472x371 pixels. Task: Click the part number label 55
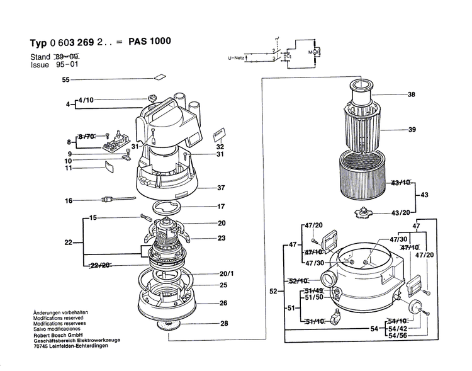click(65, 80)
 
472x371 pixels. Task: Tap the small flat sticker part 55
click(159, 79)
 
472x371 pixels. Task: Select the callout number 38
click(412, 95)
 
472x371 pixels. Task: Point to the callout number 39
click(412, 130)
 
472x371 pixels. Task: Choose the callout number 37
click(221, 188)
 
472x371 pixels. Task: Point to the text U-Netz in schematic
click(236, 58)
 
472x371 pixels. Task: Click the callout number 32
click(220, 146)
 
